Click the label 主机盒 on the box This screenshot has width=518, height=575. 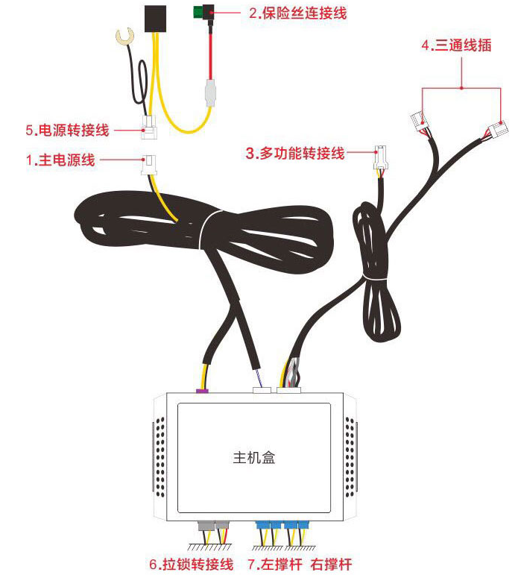pos(253,457)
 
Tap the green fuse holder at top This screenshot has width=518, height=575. pos(203,12)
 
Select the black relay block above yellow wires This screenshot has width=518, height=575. pos(155,19)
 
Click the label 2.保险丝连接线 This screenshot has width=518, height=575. pos(297,13)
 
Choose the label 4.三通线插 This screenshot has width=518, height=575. pos(456,45)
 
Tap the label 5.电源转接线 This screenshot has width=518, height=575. pos(68,131)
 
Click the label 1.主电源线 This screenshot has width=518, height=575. pos(60,160)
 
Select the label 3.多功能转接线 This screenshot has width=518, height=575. pos(295,154)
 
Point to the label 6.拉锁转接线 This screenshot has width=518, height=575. pos(192,564)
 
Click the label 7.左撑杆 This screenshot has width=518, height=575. pos(275,564)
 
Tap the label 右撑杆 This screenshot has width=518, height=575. pos(331,564)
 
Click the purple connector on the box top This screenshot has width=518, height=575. pos(203,391)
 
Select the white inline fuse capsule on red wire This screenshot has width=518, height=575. pos(209,92)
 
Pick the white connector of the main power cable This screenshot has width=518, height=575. pos(148,165)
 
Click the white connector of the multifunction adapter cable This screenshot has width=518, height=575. pos(380,157)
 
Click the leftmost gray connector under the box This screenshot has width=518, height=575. pos(206,526)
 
